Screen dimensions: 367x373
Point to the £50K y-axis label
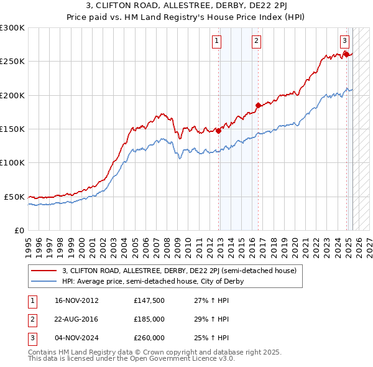14,197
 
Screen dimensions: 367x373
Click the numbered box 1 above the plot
216,42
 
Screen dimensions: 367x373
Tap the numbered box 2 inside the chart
256,42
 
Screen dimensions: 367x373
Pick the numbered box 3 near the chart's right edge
344,42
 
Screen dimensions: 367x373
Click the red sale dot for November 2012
219,131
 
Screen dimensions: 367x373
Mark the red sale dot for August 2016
258,105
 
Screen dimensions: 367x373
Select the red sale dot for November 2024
346,55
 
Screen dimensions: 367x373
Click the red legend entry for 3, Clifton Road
180,271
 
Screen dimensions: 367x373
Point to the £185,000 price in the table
149,319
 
